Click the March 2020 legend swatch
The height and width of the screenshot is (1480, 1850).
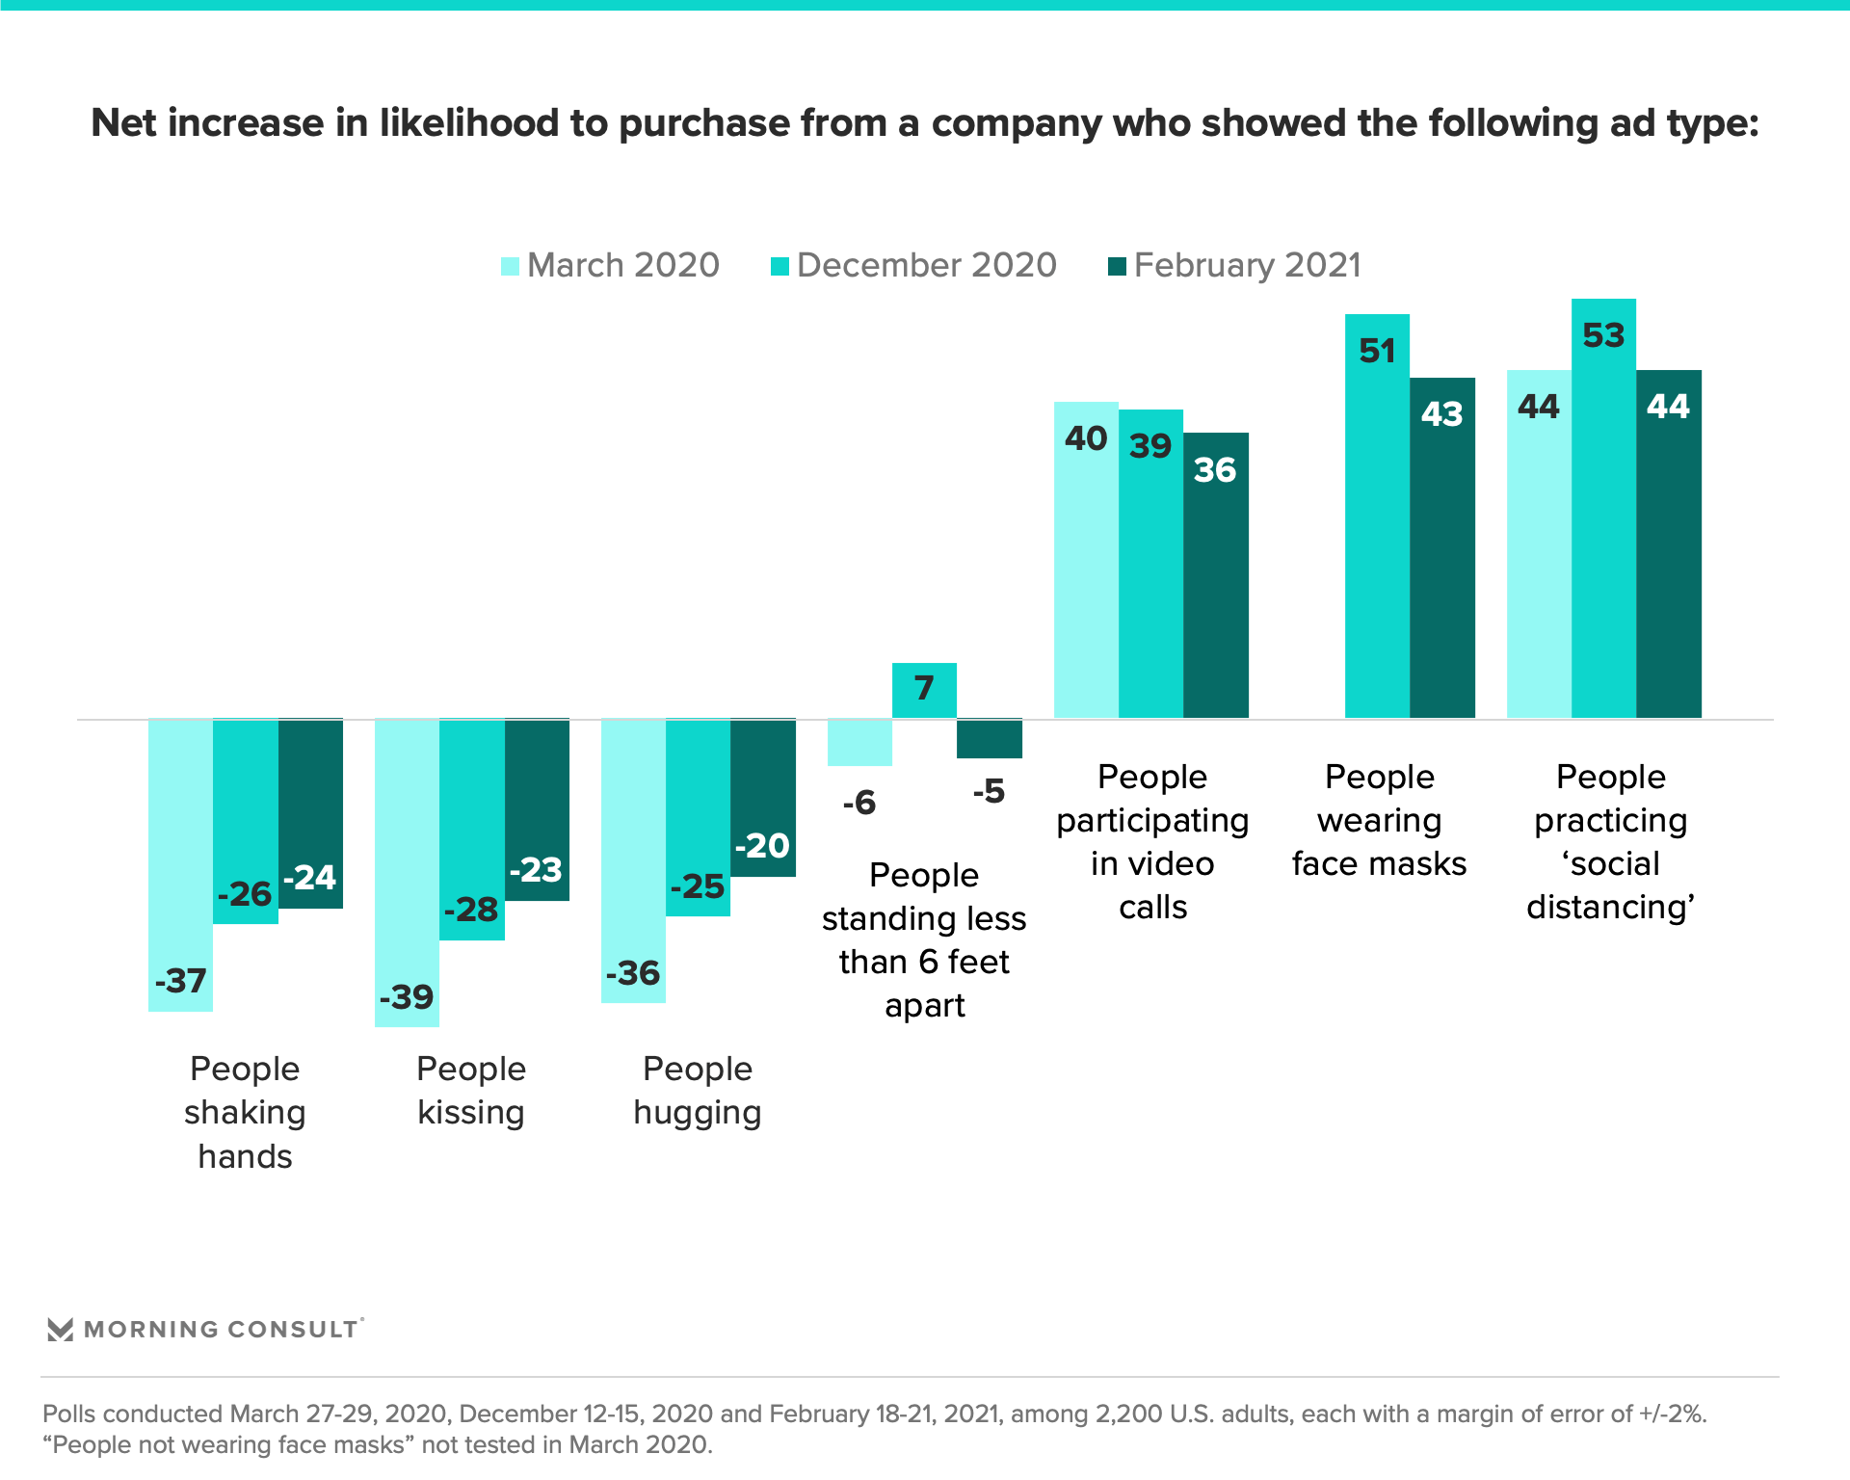[x=511, y=266]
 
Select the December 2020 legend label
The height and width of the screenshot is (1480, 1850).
[x=926, y=265]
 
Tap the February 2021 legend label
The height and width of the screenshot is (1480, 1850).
[x=1247, y=265]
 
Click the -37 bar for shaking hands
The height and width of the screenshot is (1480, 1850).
[x=180, y=864]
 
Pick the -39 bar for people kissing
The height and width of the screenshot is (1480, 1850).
[x=407, y=872]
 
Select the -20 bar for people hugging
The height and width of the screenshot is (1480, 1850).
[x=763, y=798]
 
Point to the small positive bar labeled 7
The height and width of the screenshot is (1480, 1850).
[x=924, y=690]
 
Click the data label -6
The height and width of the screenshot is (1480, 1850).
[x=859, y=802]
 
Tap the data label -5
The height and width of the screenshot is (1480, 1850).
[x=989, y=791]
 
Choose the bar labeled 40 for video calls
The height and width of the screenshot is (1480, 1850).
[x=1086, y=560]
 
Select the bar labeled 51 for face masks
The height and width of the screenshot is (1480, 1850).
[x=1377, y=515]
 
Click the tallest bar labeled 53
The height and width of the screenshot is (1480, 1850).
[x=1603, y=508]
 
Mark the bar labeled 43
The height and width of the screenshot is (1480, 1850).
[x=1442, y=547]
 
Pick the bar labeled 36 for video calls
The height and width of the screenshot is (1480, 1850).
[x=1216, y=575]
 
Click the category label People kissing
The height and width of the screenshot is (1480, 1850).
[x=471, y=1090]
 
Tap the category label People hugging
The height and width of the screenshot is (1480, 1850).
[x=698, y=1090]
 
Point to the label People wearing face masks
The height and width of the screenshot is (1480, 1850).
[x=1379, y=820]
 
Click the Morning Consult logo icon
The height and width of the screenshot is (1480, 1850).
[x=60, y=1330]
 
